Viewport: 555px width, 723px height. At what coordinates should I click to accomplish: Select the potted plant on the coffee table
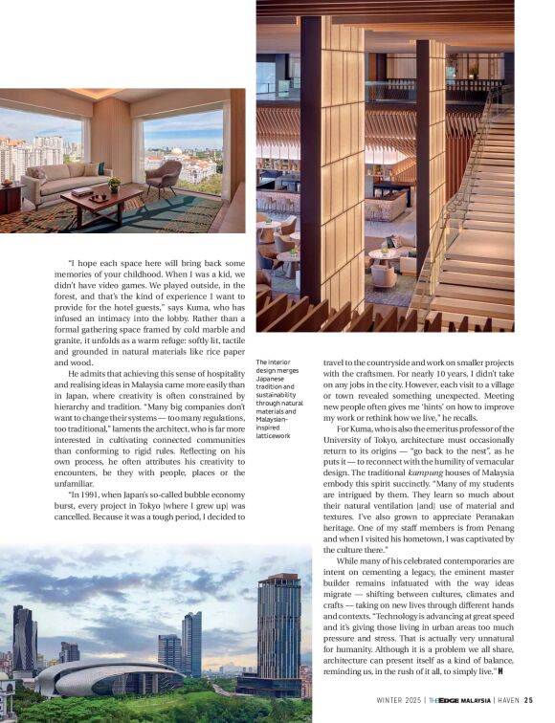(x=114, y=184)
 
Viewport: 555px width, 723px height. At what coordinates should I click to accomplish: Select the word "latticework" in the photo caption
(x=276, y=435)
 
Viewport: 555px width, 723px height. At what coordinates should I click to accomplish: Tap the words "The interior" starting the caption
(x=275, y=362)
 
